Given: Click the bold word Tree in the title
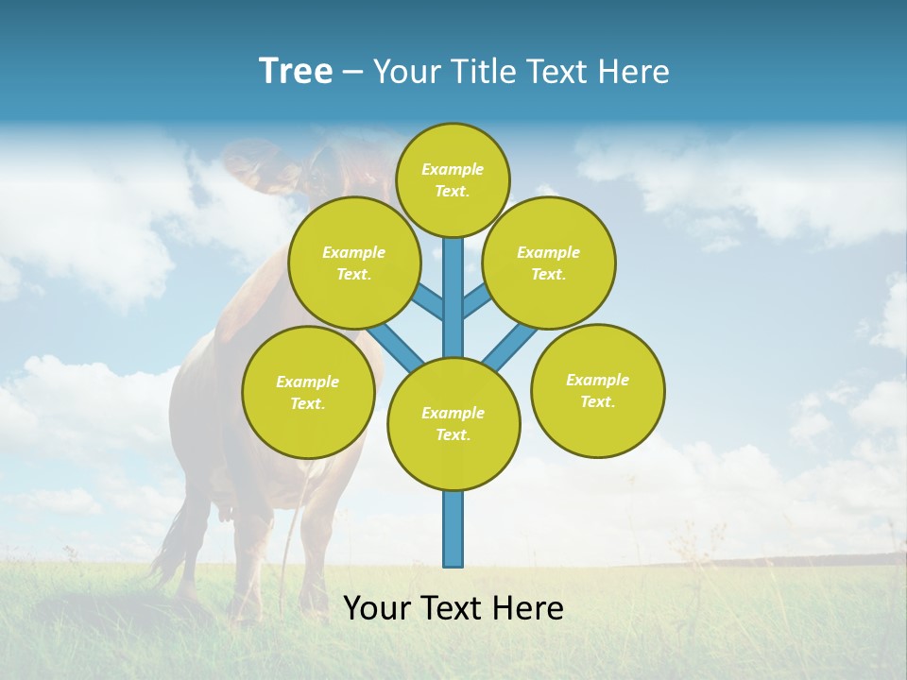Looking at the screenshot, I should (x=296, y=72).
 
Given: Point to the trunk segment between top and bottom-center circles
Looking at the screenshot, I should (x=453, y=302).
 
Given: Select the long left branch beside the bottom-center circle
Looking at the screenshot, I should (x=396, y=347).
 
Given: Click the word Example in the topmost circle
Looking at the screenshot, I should (x=453, y=170).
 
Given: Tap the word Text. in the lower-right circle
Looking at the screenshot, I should (x=597, y=402).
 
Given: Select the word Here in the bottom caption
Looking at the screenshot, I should (x=528, y=608).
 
